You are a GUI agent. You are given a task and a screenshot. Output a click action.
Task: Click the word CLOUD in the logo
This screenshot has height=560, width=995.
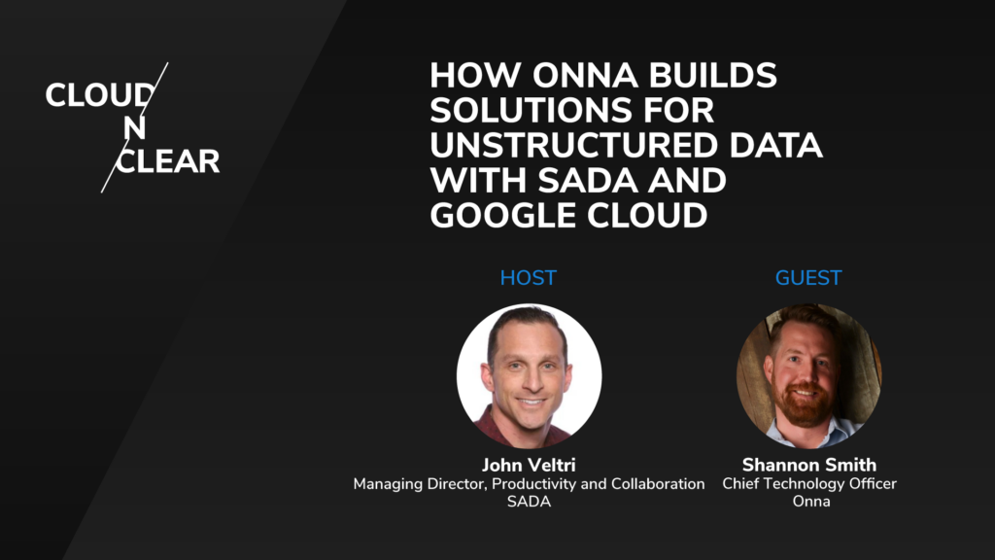tap(98, 95)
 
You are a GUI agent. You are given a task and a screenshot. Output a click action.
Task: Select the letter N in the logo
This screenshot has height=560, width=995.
tap(135, 128)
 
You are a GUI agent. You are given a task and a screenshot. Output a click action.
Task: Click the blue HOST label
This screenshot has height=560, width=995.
tap(528, 278)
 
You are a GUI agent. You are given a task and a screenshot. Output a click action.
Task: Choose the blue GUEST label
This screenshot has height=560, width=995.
tap(808, 278)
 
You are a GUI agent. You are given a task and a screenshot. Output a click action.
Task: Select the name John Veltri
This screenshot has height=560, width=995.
tap(529, 464)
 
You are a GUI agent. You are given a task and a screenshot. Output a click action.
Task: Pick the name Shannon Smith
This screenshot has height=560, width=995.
tap(808, 464)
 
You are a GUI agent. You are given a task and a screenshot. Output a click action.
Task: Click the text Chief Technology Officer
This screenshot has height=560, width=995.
tap(808, 483)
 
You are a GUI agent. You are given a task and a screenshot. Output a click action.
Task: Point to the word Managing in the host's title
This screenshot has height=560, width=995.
tap(387, 483)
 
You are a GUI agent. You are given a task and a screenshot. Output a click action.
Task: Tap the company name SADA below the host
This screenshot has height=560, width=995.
tap(529, 502)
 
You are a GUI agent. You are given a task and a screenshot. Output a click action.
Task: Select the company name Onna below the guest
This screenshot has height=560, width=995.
tap(808, 502)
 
